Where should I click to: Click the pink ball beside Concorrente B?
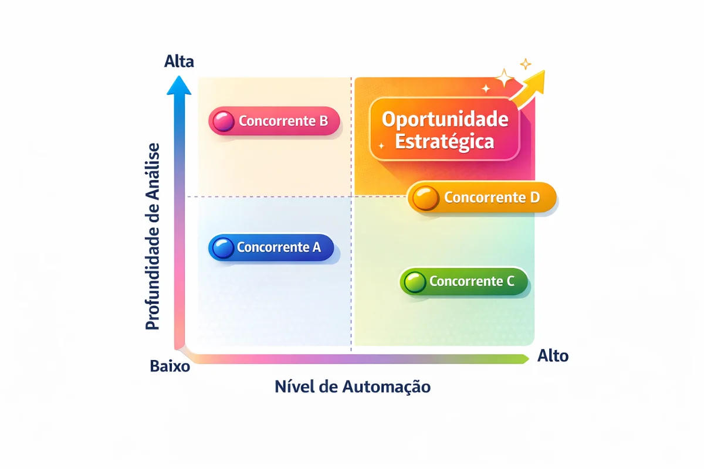pyautogui.click(x=224, y=121)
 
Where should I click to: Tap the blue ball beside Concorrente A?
pyautogui.click(x=223, y=247)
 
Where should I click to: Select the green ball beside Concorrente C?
pyautogui.click(x=415, y=281)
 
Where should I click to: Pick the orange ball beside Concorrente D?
pyautogui.click(x=425, y=198)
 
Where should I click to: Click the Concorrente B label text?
pyautogui.click(x=283, y=121)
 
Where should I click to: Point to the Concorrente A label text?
pyautogui.click(x=279, y=247)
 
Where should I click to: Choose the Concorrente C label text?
pyautogui.click(x=472, y=281)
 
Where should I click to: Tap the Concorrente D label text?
pyautogui.click(x=492, y=198)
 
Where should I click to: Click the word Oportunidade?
pyautogui.click(x=445, y=120)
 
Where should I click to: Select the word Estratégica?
pyautogui.click(x=445, y=142)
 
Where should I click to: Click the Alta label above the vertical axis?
pyautogui.click(x=179, y=61)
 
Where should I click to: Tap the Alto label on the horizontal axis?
pyautogui.click(x=553, y=356)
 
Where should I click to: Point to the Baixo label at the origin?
pyautogui.click(x=170, y=366)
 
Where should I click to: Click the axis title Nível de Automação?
pyautogui.click(x=353, y=386)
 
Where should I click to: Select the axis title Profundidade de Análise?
pyautogui.click(x=153, y=236)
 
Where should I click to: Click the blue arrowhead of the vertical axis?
pyautogui.click(x=179, y=85)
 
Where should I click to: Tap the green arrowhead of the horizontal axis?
pyautogui.click(x=524, y=359)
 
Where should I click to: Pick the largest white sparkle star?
pyautogui.click(x=505, y=78)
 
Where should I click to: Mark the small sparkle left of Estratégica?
pyautogui.click(x=381, y=146)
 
